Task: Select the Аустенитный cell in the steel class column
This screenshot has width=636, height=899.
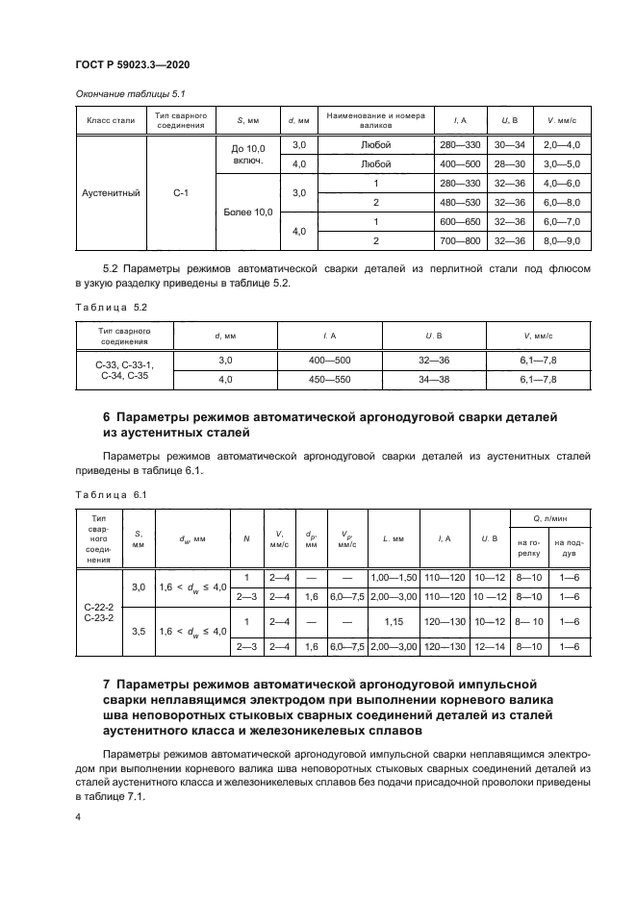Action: pos(114,192)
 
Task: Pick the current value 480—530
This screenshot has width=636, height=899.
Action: pos(459,202)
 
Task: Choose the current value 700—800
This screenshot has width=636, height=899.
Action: pos(459,240)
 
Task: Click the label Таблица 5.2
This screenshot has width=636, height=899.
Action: pos(108,306)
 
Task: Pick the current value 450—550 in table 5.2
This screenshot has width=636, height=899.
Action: pos(329,380)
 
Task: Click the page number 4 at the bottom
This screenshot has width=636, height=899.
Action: pos(77,815)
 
